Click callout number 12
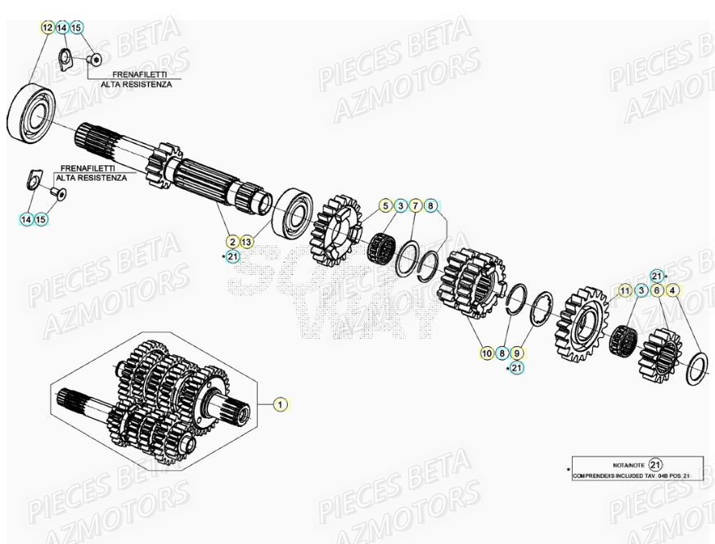point(47,28)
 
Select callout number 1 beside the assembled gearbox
point(280,404)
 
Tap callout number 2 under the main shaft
point(233,241)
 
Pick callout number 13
point(247,241)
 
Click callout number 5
point(385,205)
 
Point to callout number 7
point(416,205)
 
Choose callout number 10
point(487,353)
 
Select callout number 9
point(516,353)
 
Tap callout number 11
point(625,290)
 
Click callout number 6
point(657,290)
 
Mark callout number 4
point(672,290)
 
